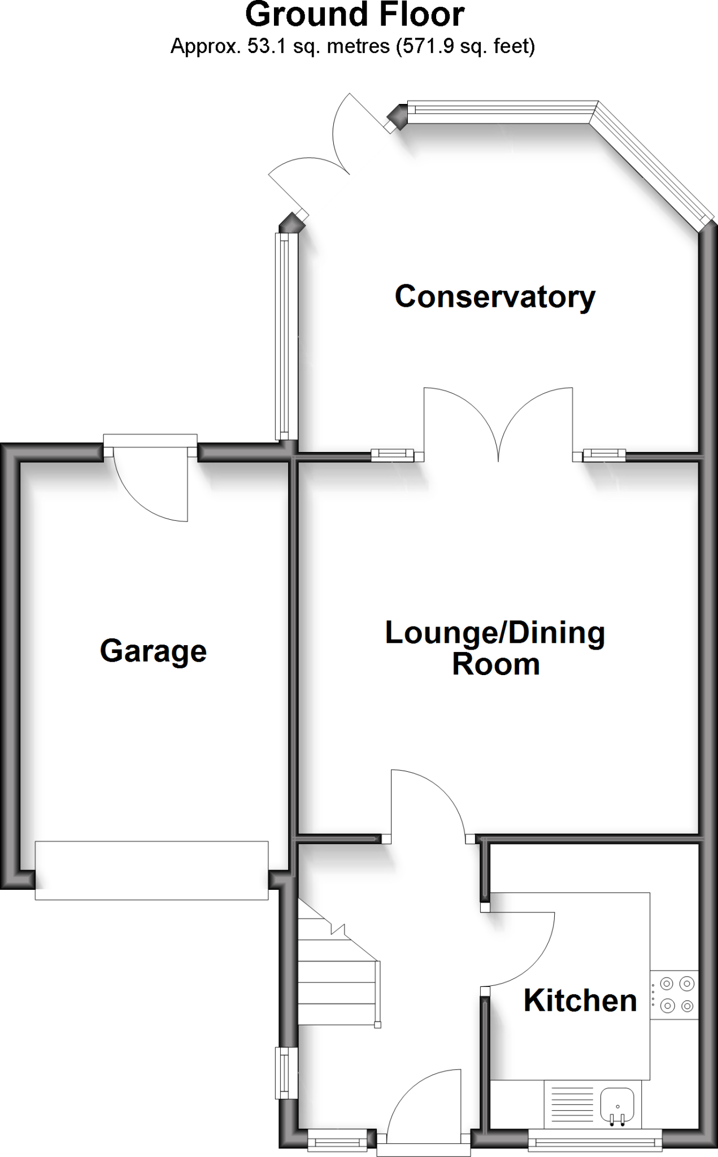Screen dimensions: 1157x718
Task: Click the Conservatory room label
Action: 495,297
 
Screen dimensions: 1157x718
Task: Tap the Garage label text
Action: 153,651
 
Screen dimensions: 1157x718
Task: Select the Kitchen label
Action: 580,1001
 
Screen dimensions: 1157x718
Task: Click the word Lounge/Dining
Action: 495,633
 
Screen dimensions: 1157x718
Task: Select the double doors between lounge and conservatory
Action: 498,424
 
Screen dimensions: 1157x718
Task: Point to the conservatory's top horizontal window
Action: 502,111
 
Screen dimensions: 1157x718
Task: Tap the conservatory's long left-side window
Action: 287,337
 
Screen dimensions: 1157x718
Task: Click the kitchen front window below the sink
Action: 594,1143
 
